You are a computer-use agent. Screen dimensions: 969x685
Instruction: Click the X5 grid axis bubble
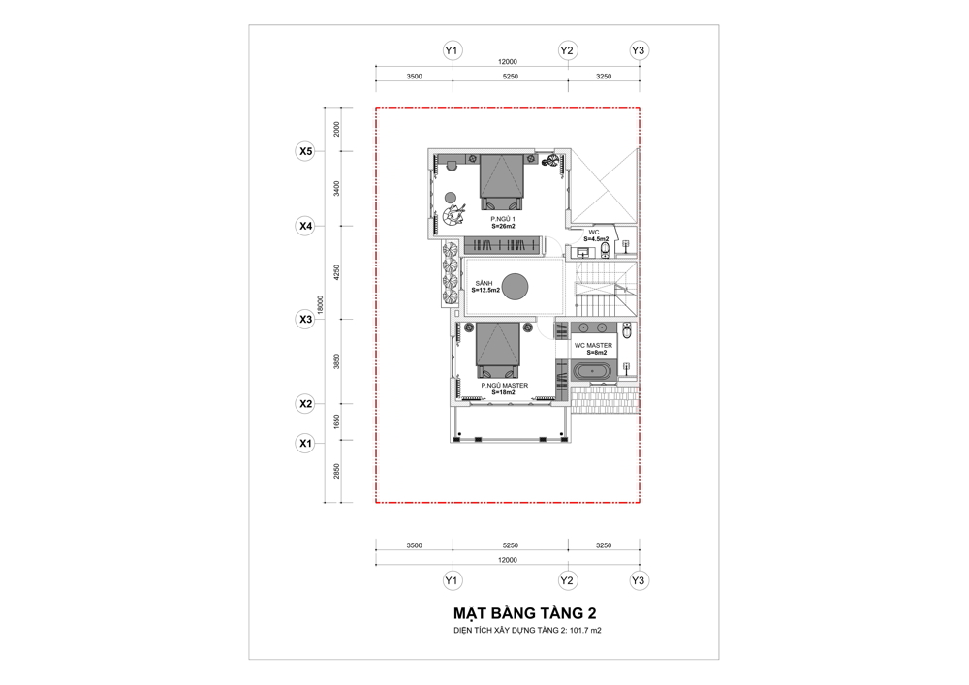tap(305, 151)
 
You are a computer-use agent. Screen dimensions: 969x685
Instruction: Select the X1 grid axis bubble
tap(305, 443)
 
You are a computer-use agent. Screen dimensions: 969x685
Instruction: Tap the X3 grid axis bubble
tap(305, 320)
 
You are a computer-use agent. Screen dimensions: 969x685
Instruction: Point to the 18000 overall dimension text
tap(320, 304)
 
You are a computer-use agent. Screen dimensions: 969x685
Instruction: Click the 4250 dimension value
tap(337, 272)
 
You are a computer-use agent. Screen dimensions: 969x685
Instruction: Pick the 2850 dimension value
tap(337, 471)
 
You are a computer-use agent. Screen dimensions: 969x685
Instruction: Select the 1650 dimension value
tap(337, 421)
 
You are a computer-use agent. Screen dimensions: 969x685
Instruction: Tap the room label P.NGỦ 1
tap(503, 219)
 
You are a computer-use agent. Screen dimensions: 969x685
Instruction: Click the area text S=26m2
tap(503, 226)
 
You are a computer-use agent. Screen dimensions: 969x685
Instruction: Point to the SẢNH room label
tap(484, 283)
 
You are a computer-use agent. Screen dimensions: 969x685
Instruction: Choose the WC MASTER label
tap(593, 345)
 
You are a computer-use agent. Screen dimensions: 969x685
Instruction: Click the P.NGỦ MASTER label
tap(505, 386)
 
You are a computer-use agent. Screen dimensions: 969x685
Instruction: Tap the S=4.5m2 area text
tap(596, 239)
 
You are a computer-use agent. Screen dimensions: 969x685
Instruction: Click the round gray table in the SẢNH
tap(515, 286)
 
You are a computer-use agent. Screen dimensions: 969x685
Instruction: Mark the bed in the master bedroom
tap(497, 350)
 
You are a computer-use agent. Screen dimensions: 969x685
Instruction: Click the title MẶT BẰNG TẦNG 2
tap(524, 613)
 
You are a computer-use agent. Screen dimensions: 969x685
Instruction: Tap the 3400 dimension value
tap(337, 188)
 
